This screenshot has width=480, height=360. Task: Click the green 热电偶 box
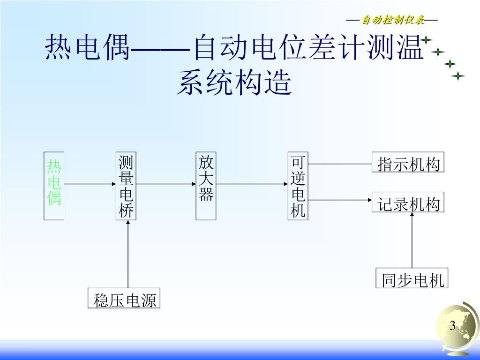pos(54,186)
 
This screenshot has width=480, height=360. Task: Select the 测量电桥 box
pos(126,186)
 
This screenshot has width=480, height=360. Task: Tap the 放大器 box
pos(206,186)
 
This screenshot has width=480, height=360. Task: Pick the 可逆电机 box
pos(298,186)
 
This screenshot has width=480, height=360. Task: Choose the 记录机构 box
pos(407,202)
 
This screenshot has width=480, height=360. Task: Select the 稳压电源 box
pos(124,299)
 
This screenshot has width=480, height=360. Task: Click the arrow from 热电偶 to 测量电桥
pos(90,184)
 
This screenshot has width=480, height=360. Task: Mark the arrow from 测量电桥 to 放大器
pos(166,184)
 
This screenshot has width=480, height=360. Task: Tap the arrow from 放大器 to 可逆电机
pos(252,184)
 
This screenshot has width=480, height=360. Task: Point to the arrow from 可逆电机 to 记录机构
pos(340,200)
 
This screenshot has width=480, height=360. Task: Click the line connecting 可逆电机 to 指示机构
pos(340,164)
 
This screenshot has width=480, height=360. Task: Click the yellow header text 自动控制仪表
pos(392,20)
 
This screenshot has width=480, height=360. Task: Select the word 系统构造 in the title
pos(234,83)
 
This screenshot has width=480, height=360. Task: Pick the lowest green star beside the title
pos(458,75)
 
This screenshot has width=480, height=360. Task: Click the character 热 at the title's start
pos(59,48)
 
